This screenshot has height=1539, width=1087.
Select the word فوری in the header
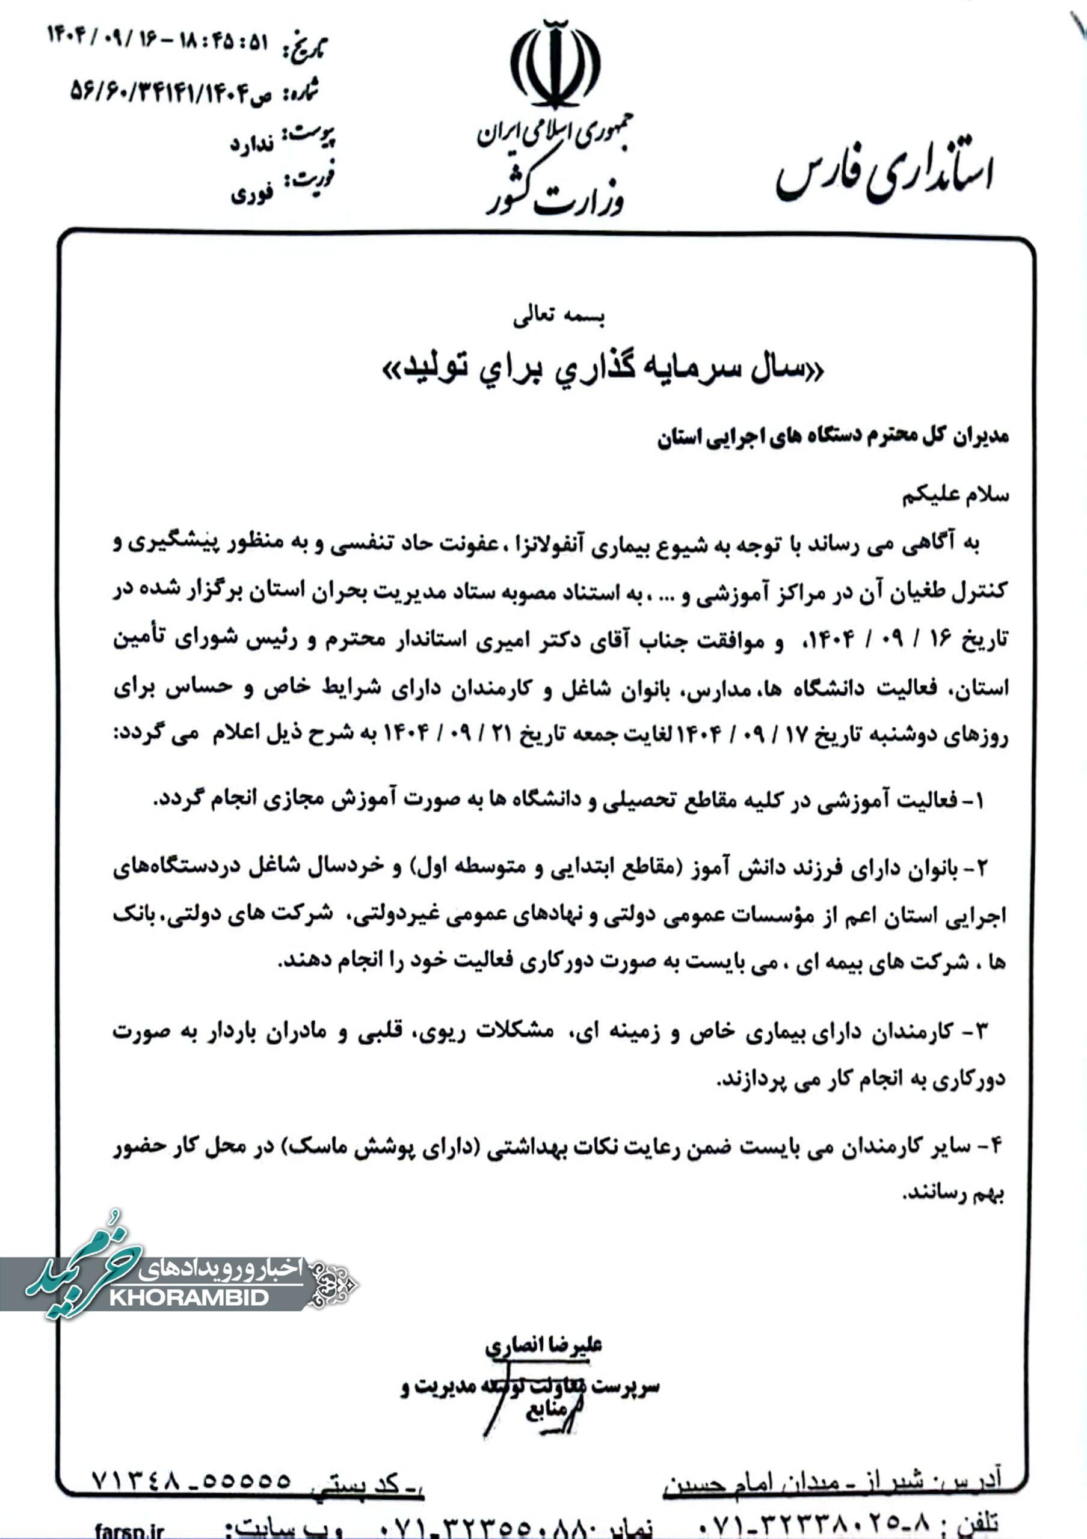click(x=251, y=194)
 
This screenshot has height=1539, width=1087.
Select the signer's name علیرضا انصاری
click(x=544, y=1345)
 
